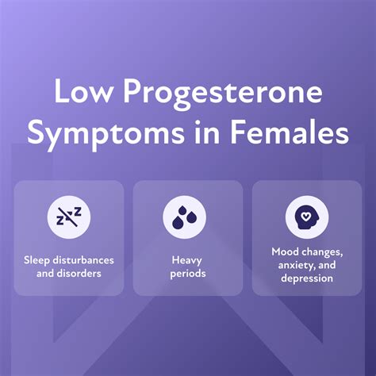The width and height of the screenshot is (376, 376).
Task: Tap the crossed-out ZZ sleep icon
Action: (69, 217)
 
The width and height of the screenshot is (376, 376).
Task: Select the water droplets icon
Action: (187, 217)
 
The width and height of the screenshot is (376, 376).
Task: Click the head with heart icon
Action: (305, 217)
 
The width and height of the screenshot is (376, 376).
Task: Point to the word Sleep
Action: (36, 259)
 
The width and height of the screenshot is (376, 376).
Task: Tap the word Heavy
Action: (187, 259)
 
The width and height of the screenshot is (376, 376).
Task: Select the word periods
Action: (187, 272)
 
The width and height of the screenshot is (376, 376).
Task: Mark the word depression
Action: (305, 278)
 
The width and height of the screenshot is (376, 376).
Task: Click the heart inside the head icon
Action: (307, 214)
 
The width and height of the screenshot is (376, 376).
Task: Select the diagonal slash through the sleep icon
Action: (69, 217)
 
